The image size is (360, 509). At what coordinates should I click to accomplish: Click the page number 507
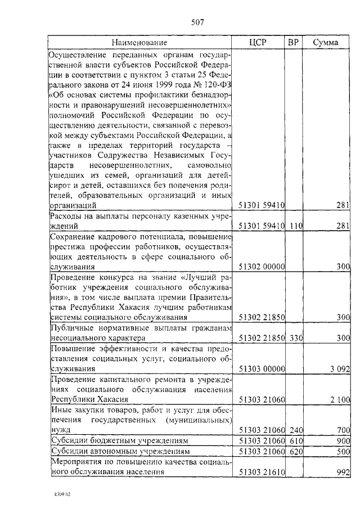pos(197,23)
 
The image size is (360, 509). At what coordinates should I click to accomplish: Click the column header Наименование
pos(139,43)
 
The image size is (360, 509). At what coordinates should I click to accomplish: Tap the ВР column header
pos(293,43)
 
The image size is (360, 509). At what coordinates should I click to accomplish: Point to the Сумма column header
pos(326,43)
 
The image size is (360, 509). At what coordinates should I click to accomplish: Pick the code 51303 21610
pos(262,472)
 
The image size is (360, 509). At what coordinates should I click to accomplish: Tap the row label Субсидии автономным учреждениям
pos(119,451)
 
